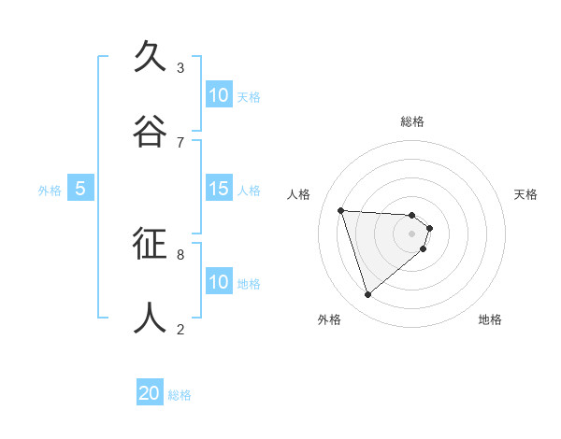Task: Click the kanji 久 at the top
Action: point(150,57)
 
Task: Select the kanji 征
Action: point(150,244)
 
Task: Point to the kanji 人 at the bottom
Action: point(150,319)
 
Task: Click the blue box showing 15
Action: point(219,190)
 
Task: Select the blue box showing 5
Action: point(80,190)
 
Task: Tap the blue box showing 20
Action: point(150,393)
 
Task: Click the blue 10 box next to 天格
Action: point(219,95)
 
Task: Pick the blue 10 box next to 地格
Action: point(219,282)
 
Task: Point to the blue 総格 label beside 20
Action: point(180,395)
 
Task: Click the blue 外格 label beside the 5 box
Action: point(50,191)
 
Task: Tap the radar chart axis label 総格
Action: point(412,121)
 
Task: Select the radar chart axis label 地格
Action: point(490,319)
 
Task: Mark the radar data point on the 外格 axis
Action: point(367,295)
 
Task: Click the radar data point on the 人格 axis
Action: point(341,210)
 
